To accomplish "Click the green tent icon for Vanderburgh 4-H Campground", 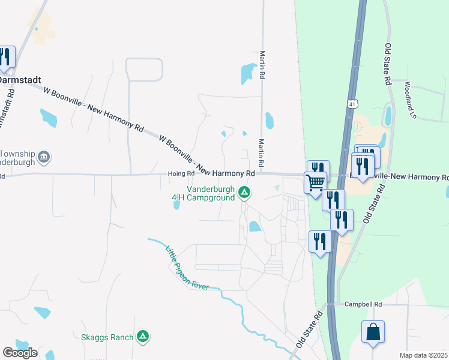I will (244, 193).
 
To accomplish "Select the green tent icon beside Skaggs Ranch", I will (142, 337).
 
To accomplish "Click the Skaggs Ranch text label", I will (107, 337).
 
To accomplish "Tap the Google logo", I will (20, 352).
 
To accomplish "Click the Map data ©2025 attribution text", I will (423, 355).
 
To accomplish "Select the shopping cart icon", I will (315, 182).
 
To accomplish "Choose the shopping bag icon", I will (373, 332).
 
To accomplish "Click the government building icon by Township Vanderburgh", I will (44, 158).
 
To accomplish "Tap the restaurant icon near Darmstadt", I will (5, 57).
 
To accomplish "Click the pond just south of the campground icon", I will (255, 226).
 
